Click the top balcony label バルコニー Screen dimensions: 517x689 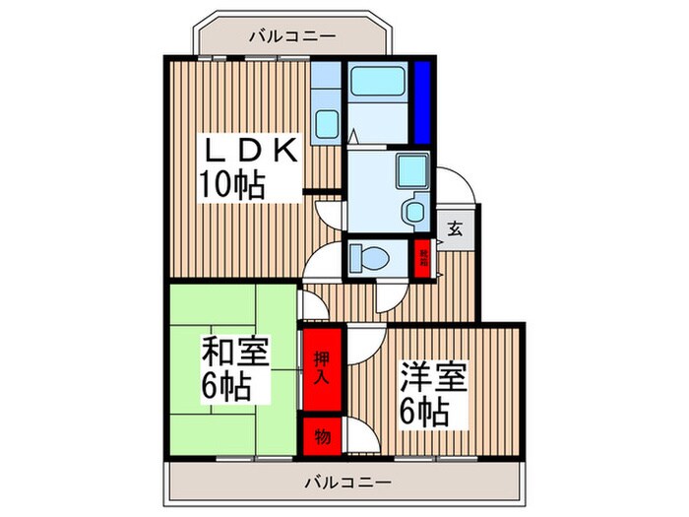292,36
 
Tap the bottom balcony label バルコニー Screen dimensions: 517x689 346,484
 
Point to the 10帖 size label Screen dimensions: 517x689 234,184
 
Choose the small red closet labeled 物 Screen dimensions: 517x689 321,434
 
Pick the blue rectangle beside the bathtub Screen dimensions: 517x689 421,102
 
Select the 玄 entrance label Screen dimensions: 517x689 456,228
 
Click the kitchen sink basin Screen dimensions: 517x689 325,125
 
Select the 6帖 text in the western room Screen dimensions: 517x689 425,409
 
